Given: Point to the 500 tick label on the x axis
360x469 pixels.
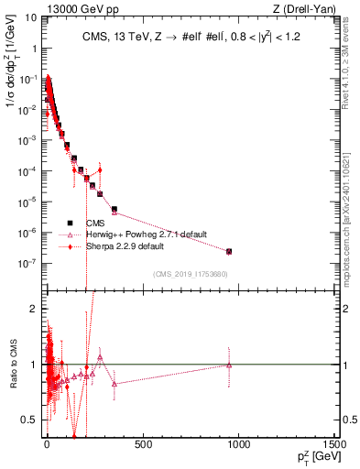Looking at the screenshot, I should point(142,445).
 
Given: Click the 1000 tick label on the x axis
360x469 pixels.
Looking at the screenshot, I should point(238,445).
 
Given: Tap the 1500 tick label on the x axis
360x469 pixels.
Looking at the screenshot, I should point(334,445).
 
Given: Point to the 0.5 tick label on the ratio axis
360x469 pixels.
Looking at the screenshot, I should point(29,420).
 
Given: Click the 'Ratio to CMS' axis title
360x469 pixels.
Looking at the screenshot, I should point(11,364).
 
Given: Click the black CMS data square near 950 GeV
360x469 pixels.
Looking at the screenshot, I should point(229,251).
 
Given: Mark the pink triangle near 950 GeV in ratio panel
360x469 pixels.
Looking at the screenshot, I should point(229,365).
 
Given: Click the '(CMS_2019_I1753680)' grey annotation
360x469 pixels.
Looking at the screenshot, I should point(191,274).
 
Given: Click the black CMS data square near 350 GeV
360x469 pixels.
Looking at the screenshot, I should point(114,209).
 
